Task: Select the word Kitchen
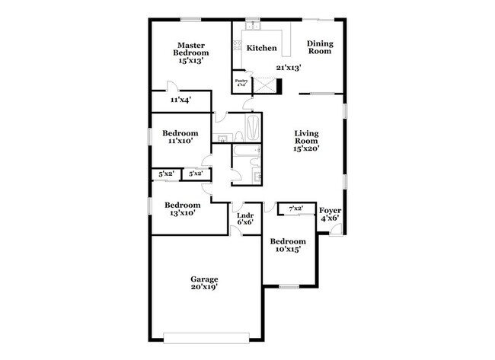click(x=261, y=48)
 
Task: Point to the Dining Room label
click(x=319, y=48)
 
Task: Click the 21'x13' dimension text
click(x=289, y=68)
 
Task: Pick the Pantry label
click(x=241, y=79)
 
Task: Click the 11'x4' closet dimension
click(x=180, y=99)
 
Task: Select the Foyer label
click(x=330, y=209)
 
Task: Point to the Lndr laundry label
click(x=244, y=215)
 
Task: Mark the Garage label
click(x=204, y=279)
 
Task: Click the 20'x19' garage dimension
click(x=204, y=288)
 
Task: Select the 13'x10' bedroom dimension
click(x=183, y=214)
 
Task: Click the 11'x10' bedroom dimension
click(x=180, y=140)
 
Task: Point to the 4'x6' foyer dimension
click(x=330, y=218)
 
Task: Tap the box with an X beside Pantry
click(x=264, y=84)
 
